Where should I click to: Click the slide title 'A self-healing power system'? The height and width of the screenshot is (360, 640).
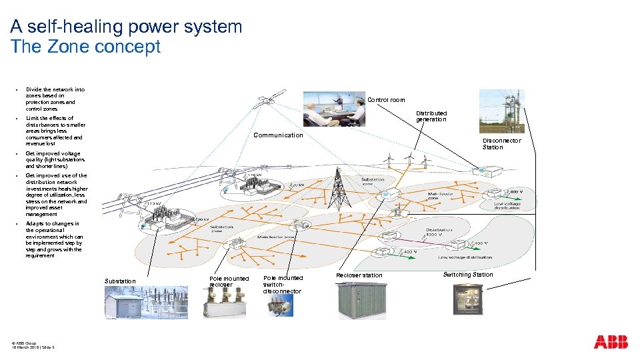126,27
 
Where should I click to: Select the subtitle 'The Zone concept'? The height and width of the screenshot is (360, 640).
85,47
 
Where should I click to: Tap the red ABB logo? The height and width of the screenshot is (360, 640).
611,342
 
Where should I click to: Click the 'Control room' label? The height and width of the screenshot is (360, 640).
386,100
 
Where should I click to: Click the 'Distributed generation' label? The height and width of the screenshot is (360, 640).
431,116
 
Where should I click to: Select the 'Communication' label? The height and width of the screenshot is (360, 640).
279,135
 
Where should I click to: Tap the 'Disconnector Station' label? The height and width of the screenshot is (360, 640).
501,144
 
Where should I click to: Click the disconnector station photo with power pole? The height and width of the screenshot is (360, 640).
501,111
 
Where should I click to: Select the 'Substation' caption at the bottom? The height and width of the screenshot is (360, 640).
120,281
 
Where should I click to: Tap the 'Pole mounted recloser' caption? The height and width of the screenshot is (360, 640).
229,281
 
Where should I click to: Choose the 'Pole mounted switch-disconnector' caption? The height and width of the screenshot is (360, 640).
283,285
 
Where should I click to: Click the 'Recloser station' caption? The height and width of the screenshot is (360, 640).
359,275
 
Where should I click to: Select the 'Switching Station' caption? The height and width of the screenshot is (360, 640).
468,275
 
